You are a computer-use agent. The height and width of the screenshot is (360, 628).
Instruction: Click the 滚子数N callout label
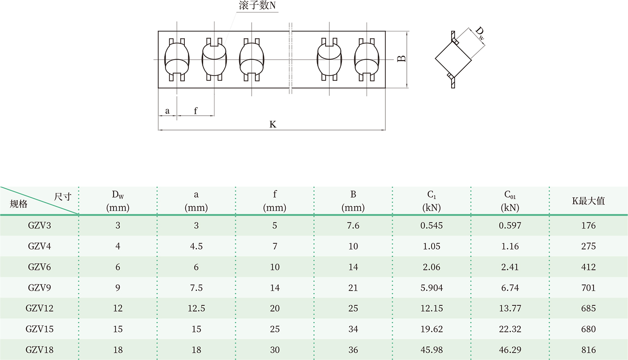[x=257, y=6]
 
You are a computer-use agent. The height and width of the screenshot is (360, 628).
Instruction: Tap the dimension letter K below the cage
[x=273, y=124]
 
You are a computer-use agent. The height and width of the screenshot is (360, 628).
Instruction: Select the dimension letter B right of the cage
[x=402, y=59]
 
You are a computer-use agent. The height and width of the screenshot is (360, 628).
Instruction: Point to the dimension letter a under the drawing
[x=167, y=110]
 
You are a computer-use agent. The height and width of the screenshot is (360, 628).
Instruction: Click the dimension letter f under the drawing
[x=196, y=110]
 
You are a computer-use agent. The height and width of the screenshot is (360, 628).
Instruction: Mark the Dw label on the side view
[x=480, y=34]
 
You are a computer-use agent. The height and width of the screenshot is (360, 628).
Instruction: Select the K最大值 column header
[x=589, y=201]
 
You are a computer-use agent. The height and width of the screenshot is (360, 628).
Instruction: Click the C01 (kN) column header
[x=510, y=201]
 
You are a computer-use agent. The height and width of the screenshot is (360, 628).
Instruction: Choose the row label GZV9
[x=39, y=288]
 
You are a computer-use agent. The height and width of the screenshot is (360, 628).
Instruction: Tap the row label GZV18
[x=39, y=350]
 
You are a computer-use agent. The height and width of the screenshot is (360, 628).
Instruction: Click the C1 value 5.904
[x=432, y=288]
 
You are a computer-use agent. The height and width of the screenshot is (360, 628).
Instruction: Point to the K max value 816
[x=589, y=350]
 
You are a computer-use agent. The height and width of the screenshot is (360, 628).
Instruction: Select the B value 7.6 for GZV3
[x=353, y=226]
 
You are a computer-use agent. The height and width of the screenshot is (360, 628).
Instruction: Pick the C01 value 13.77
[x=510, y=308]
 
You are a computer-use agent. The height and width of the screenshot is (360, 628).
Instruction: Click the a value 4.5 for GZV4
[x=196, y=246]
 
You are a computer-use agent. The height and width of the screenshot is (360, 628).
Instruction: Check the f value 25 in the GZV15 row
[x=275, y=329]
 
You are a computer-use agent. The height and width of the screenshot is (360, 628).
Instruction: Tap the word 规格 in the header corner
[x=19, y=204]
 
